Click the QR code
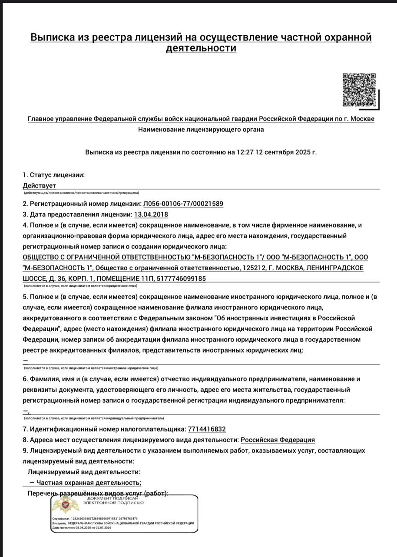click(x=359, y=90)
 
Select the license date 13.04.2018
click(x=151, y=214)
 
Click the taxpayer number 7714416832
click(x=207, y=429)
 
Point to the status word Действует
click(x=40, y=185)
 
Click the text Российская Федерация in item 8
click(x=278, y=440)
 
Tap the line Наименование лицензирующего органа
click(x=201, y=129)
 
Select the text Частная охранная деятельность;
click(x=89, y=483)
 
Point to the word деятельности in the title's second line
click(x=201, y=48)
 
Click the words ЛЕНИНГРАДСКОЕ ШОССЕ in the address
click(x=330, y=268)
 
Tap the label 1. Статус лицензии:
click(x=53, y=175)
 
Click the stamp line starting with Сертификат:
click(x=95, y=519)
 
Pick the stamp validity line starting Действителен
click(x=81, y=527)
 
